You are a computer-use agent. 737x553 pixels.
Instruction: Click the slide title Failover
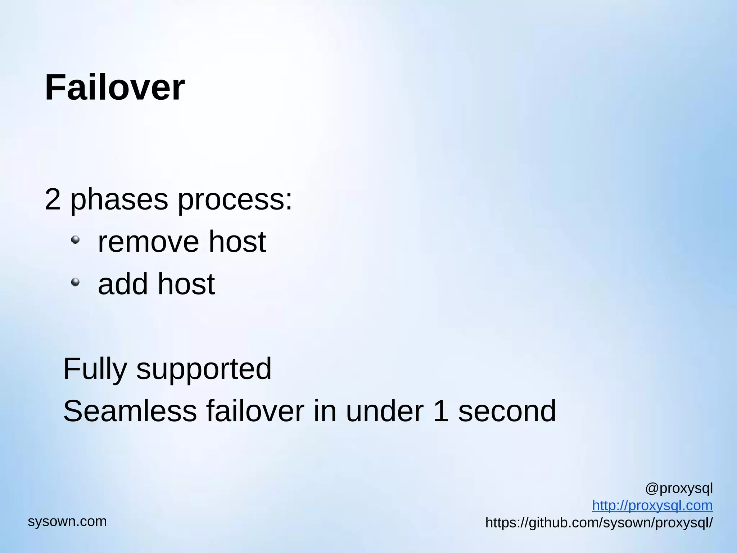coord(114,87)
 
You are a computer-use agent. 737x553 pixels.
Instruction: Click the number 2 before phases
coord(53,199)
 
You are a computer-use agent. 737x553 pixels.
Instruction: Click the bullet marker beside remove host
coord(75,240)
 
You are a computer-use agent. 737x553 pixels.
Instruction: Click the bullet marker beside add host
coord(75,282)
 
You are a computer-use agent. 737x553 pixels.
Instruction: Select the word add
coord(123,284)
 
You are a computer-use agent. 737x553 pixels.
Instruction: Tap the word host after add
coord(186,284)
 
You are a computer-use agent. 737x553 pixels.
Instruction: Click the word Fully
coord(95,369)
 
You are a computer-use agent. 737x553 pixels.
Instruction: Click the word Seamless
coord(130,411)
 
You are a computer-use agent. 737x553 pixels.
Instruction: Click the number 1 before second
coord(441,411)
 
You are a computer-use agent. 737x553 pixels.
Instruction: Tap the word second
coord(507,411)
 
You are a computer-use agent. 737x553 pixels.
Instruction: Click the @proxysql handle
coord(679,489)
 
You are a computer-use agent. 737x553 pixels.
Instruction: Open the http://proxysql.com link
coord(652,505)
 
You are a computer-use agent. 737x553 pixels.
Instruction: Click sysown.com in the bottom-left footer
coord(67,521)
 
